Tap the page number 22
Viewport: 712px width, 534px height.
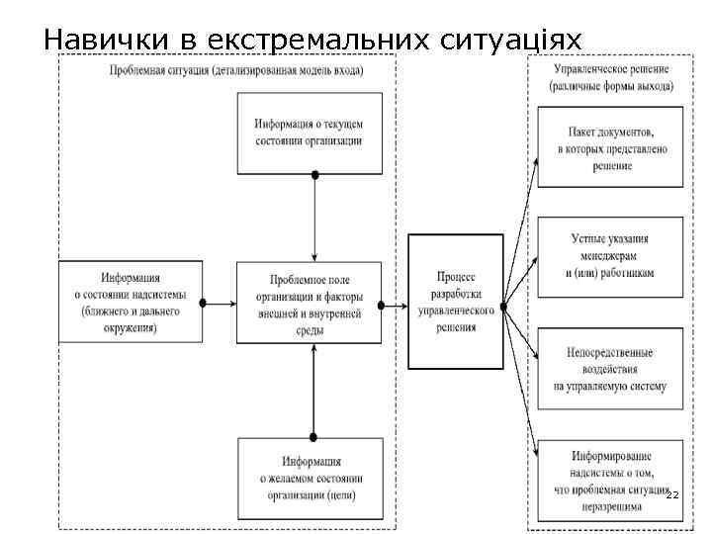[672, 493]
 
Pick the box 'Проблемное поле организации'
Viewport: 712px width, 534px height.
[310, 304]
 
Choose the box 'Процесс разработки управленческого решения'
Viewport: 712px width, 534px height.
[456, 302]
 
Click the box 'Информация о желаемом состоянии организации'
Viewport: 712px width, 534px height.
[310, 479]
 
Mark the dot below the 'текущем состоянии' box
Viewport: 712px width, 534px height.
[314, 175]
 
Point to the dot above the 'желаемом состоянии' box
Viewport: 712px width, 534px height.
[314, 436]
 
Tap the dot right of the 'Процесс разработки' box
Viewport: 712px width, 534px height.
[504, 305]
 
